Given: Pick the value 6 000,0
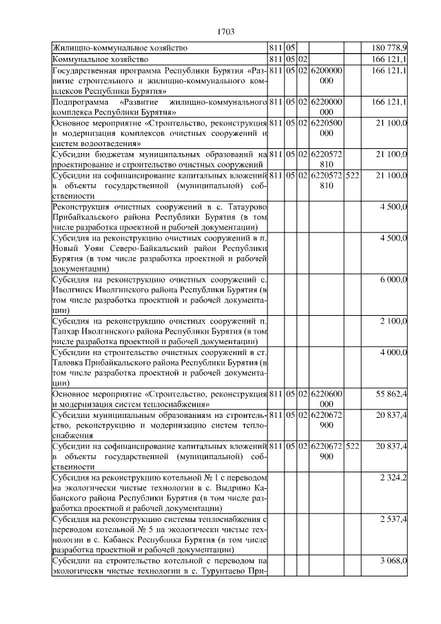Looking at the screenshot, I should (x=393, y=279).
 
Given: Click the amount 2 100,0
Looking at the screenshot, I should (x=393, y=321).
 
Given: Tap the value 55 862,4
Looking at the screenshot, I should (x=391, y=394).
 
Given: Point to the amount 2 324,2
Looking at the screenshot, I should (x=393, y=477).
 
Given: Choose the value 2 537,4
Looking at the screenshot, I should (x=393, y=519).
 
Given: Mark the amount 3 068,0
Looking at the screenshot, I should (x=393, y=561).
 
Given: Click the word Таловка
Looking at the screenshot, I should (x=70, y=363).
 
